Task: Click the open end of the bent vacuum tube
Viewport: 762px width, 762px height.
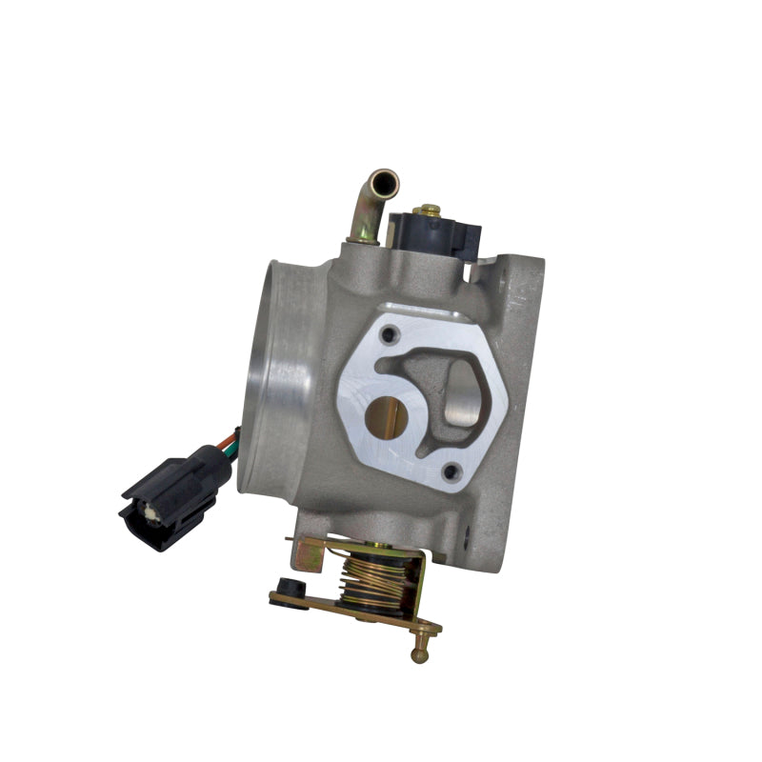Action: [x=385, y=178]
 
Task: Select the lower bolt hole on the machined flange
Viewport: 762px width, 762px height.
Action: [x=452, y=470]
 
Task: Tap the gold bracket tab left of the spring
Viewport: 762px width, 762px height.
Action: [x=311, y=551]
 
